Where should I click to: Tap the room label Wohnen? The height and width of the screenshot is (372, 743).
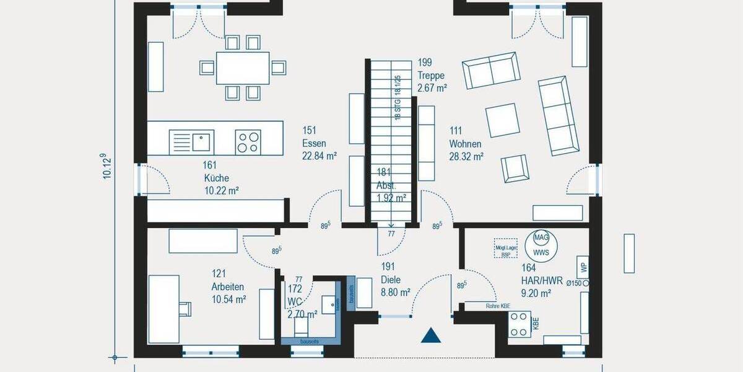point(465,144)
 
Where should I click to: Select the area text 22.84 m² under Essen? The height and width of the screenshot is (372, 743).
point(319,156)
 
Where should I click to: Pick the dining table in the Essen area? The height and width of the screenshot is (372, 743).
point(243,67)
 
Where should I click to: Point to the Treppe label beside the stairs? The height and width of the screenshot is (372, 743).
point(431,76)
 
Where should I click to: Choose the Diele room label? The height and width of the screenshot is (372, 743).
point(391,279)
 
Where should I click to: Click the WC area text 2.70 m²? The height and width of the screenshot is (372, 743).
point(302,314)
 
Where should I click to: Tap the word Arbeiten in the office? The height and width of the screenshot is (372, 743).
point(227,287)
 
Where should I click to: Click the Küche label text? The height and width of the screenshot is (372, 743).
point(216,178)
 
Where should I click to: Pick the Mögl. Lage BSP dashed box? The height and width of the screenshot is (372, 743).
point(505,249)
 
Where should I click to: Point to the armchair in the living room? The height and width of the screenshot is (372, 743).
point(515,168)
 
